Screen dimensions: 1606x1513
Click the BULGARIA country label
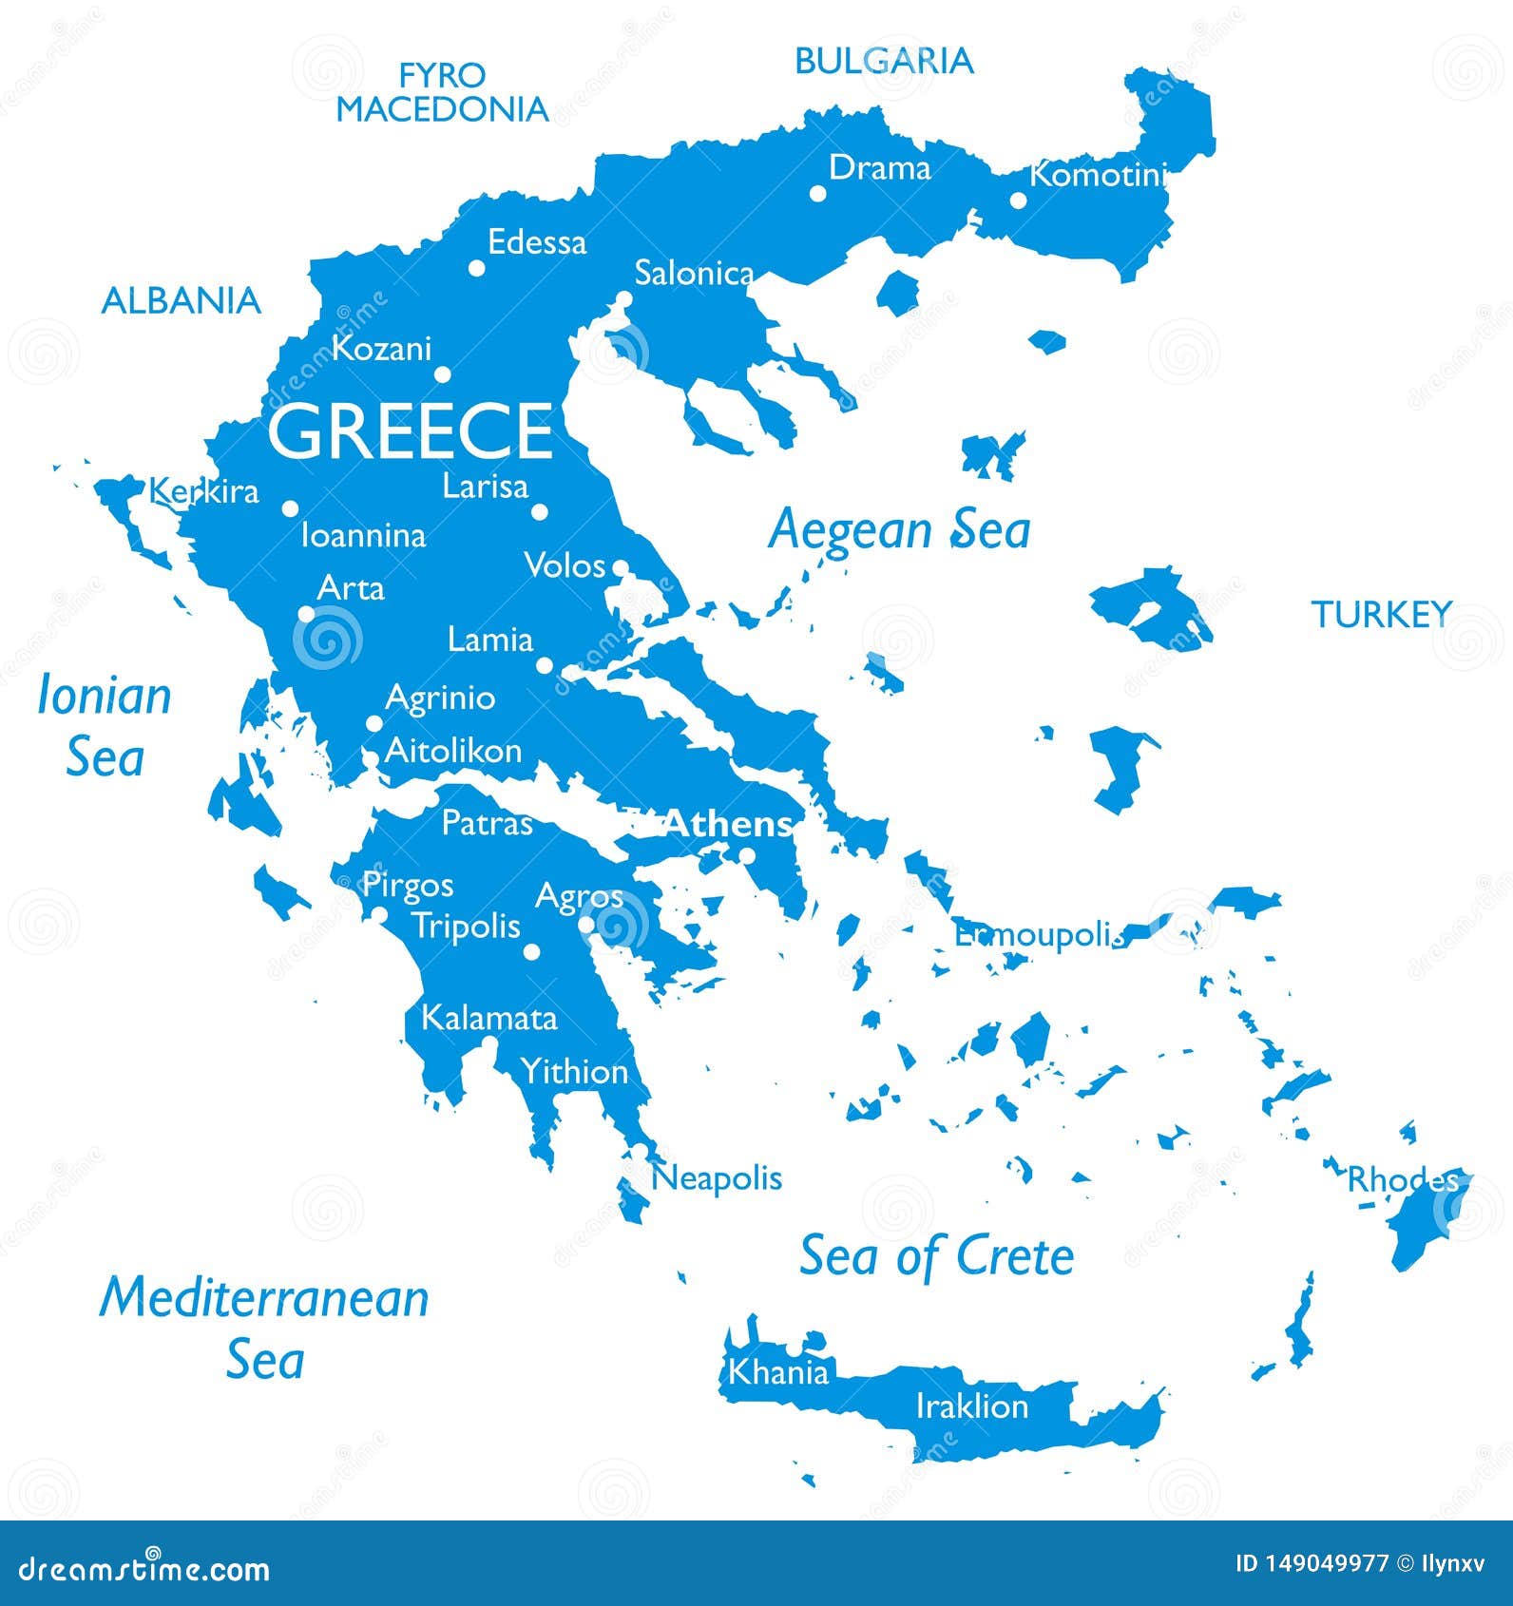pos(884,61)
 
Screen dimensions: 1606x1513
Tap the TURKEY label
pos(1382,615)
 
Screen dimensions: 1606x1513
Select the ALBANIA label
pos(181,300)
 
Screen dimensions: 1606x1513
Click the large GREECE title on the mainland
pos(410,430)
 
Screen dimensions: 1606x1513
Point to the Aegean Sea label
pos(899,529)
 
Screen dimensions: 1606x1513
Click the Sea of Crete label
pos(936,1256)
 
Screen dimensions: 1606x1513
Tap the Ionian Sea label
pos(105,726)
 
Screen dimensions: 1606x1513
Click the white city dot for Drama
pos(817,193)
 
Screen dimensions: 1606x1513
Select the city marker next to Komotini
pos(1018,200)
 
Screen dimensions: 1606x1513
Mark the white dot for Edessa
pos(477,268)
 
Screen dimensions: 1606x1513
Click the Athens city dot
pos(747,856)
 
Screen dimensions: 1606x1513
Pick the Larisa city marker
pos(540,511)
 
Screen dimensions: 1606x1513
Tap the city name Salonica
pos(694,274)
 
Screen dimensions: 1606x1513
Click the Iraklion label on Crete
pos(971,1405)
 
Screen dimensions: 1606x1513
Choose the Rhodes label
pos(1402,1179)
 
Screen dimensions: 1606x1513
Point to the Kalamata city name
pos(488,1018)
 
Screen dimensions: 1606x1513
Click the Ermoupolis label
pos(1039,935)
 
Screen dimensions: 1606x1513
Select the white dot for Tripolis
pos(532,951)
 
